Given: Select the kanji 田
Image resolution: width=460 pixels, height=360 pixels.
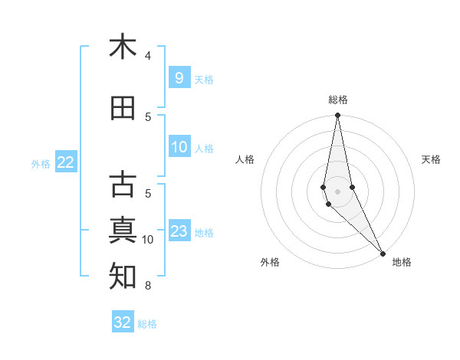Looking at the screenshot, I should pos(123,109).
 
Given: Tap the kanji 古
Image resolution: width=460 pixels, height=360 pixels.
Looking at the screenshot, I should pos(123,185).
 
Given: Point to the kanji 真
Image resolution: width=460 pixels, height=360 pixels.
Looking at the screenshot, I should pos(123,230).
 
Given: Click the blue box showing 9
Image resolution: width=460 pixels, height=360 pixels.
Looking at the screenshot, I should pos(179,78).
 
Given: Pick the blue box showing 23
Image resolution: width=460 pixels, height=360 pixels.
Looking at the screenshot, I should pos(179,231).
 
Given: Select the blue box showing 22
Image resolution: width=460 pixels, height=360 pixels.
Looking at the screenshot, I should pos(66,162).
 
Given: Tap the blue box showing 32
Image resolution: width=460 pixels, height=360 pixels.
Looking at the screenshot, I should pos(123,322).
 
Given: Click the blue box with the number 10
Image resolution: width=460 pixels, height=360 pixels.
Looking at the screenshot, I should pos(179,147).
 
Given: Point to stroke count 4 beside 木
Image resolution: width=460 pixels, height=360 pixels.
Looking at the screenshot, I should pos(147,56).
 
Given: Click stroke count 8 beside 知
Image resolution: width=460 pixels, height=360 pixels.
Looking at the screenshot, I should pos(147,286).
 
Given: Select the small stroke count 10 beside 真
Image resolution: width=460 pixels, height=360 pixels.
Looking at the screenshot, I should pos(148,240).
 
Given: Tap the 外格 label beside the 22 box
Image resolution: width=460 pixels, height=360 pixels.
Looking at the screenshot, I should pos(41,163).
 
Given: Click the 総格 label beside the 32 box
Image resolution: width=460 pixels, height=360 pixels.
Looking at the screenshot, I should pos(147,324).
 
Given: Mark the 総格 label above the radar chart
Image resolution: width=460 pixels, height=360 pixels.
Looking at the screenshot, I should pos(337,100).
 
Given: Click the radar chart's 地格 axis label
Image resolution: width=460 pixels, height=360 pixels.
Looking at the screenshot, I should pos(402,262).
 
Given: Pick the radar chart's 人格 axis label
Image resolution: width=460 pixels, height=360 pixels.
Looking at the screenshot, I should pos(245,159).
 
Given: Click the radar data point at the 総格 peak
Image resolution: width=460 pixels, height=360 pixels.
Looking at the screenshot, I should pos(337,116).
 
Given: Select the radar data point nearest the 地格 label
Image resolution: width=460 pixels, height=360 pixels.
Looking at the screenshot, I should pos(383,254).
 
